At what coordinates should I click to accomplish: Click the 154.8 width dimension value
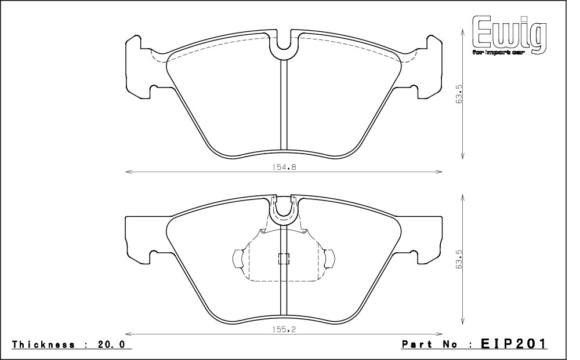pyautogui.click(x=284, y=167)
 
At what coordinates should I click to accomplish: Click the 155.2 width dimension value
pyautogui.click(x=284, y=329)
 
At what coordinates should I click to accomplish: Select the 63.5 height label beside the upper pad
pyautogui.click(x=459, y=94)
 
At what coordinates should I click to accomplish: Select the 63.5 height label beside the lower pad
pyautogui.click(x=459, y=259)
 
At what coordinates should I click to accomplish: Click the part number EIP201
pyautogui.click(x=513, y=344)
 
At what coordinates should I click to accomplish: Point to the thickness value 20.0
pyautogui.click(x=111, y=344)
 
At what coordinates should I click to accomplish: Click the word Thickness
pyautogui.click(x=43, y=344)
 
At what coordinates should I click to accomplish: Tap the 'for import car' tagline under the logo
pyautogui.click(x=498, y=53)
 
